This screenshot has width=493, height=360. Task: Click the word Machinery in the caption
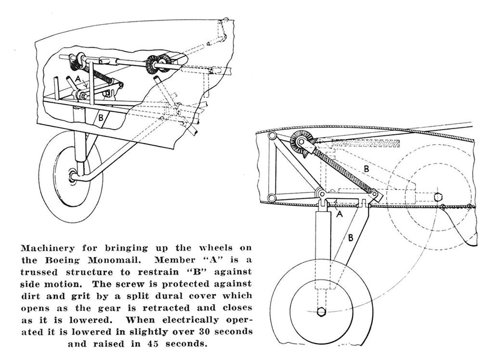point(47,248)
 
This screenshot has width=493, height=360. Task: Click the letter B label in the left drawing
point(101,117)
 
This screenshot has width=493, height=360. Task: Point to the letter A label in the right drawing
point(338,215)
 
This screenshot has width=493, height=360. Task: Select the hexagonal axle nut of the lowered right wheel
point(321,311)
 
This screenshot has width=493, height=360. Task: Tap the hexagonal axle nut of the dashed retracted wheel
point(438,197)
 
